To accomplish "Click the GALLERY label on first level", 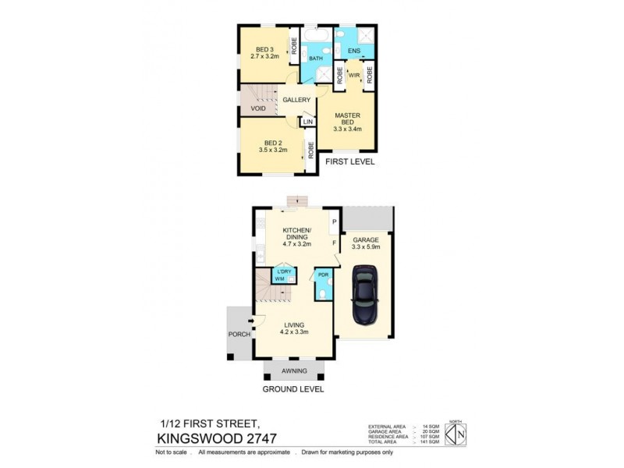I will [296, 100].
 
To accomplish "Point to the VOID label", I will [258, 108].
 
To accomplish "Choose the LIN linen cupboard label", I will [308, 122].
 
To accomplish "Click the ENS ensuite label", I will [353, 51].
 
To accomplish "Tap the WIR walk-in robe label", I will [353, 76].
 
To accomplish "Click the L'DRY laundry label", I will [284, 271].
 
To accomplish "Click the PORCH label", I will [239, 334].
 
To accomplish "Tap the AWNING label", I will [293, 370].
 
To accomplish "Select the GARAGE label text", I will [366, 239].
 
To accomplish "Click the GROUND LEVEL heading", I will [292, 388].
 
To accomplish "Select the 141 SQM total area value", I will [430, 441].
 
